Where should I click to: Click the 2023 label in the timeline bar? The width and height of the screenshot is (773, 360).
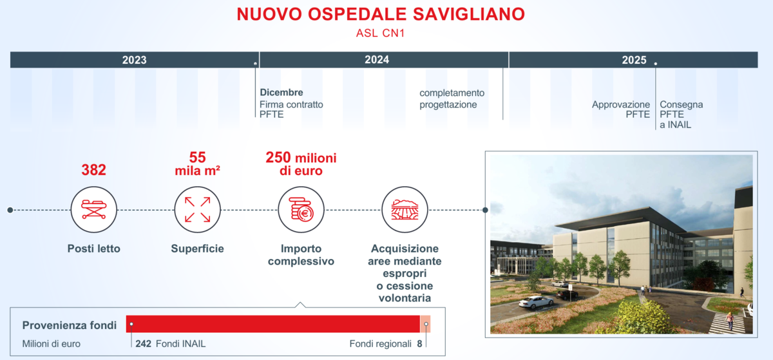tap(134, 60)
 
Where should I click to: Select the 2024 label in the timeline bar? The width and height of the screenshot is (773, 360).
tap(377, 60)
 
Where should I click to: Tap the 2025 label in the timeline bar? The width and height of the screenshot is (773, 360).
tap(634, 60)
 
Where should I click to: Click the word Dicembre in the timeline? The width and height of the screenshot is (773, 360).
tap(282, 93)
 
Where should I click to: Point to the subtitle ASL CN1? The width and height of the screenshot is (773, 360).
tap(380, 33)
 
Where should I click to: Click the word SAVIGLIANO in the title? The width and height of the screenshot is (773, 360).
tap(469, 15)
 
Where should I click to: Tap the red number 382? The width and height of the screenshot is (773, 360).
tap(93, 170)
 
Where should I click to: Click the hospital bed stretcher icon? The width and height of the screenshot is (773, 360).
tap(93, 209)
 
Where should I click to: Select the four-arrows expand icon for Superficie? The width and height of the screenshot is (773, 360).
tap(197, 209)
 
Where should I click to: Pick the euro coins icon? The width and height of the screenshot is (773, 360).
tap(301, 209)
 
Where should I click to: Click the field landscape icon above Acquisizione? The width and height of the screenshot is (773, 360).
tap(405, 209)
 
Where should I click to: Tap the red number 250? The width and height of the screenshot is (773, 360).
tap(278, 157)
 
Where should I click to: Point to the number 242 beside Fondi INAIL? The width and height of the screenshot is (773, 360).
tap(143, 344)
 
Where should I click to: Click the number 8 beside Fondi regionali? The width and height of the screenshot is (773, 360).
tap(419, 344)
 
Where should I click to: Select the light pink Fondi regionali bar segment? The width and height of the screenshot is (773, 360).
tap(425, 324)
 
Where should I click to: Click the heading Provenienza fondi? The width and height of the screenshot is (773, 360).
tap(70, 325)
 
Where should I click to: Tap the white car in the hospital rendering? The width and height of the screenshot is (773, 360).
tap(536, 302)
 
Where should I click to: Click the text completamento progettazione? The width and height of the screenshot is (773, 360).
tap(452, 99)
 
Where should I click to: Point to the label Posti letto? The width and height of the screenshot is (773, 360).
tap(94, 249)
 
